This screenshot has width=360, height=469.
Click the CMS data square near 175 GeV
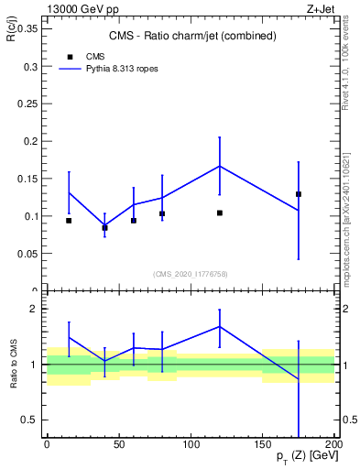(299, 194)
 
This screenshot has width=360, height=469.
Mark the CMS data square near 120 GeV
(220, 213)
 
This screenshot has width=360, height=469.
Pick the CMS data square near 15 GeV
(69, 221)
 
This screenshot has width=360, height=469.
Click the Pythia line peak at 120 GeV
(220, 166)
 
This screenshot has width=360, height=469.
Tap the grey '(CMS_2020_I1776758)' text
(190, 274)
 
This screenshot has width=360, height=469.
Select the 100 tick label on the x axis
(191, 444)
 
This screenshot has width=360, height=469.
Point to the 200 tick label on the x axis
(333, 444)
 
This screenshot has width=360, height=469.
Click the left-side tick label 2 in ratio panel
(34, 309)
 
